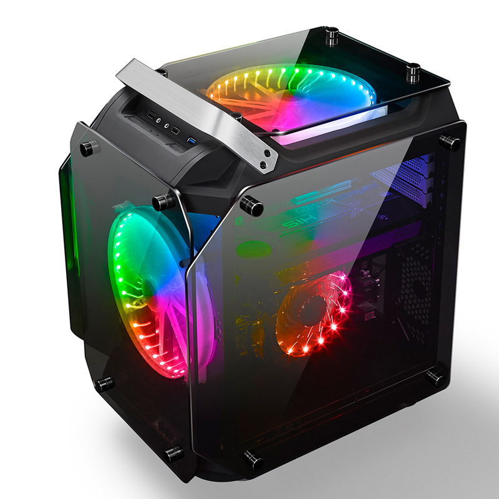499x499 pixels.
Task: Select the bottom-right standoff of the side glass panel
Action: [x=435, y=376]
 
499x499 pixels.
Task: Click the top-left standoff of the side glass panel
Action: [x=250, y=204]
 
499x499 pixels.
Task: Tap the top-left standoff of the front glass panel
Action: [x=87, y=148]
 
